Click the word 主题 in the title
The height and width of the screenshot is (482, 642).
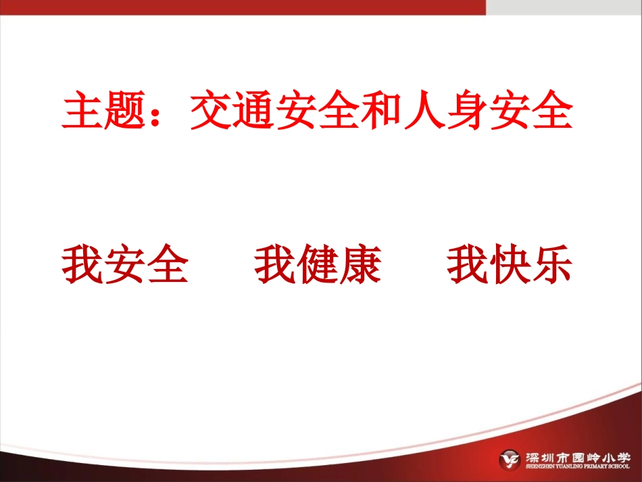[104, 113]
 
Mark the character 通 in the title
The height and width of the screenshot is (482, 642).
[254, 113]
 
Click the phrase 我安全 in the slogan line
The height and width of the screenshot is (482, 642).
[125, 264]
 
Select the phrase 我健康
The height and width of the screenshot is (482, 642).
[318, 264]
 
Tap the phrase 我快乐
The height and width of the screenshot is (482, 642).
[510, 264]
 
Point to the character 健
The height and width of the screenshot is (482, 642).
[318, 264]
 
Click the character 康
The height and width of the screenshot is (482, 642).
[360, 264]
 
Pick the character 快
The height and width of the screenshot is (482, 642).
[510, 264]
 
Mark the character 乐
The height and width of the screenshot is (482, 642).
[552, 264]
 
